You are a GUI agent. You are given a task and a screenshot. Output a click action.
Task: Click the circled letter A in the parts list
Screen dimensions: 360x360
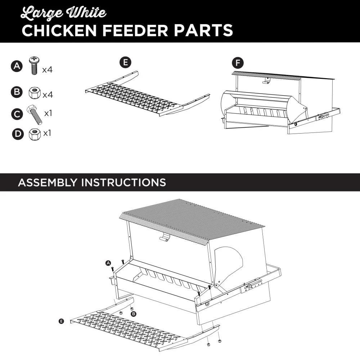(17, 67)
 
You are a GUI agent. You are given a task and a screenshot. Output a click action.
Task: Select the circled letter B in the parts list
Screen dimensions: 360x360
(17, 93)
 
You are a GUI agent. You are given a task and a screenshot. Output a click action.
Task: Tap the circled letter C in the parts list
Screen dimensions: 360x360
(17, 114)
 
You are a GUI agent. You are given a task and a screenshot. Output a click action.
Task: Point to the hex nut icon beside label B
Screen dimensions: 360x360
(34, 93)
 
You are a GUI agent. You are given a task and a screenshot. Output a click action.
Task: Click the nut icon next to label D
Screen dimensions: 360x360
(35, 134)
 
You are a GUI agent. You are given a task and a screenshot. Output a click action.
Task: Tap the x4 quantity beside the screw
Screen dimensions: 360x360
(47, 70)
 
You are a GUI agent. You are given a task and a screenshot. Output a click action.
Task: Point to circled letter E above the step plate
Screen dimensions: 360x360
(125, 62)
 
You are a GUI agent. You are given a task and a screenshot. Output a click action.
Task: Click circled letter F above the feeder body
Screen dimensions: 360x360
(237, 63)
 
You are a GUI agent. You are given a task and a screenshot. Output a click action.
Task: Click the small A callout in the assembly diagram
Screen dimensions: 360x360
(108, 263)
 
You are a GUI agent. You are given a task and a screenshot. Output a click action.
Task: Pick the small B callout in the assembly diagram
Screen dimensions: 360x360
(134, 314)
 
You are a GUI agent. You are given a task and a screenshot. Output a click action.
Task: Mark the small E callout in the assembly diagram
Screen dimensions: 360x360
(61, 321)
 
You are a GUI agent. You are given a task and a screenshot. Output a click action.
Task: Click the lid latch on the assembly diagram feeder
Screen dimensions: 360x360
(165, 237)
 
